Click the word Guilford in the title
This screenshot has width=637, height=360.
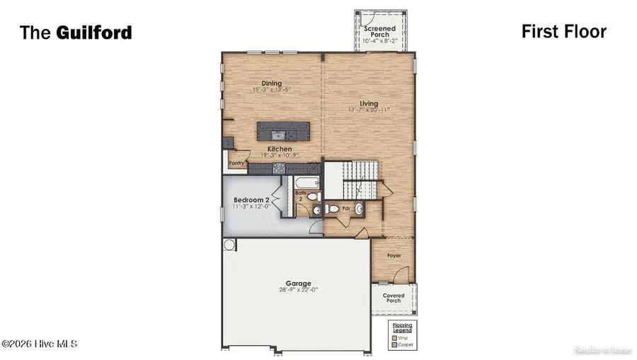tap(96, 33)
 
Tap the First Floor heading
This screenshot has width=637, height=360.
tap(563, 31)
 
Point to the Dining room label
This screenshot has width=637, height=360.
tap(272, 83)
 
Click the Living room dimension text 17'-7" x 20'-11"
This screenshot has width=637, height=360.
tap(368, 110)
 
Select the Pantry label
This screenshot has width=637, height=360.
tap(236, 162)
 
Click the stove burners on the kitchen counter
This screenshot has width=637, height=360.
tap(278, 168)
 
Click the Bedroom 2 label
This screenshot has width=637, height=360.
tap(252, 200)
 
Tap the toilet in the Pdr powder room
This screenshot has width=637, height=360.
tap(333, 209)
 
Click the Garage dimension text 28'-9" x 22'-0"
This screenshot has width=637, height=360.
tap(298, 290)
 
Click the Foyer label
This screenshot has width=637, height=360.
tap(393, 257)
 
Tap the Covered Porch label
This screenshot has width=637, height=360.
tap(394, 298)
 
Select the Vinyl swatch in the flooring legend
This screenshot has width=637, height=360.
tap(395, 338)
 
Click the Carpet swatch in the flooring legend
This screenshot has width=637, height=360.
tap(395, 346)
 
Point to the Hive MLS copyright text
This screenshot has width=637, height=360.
tap(40, 344)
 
